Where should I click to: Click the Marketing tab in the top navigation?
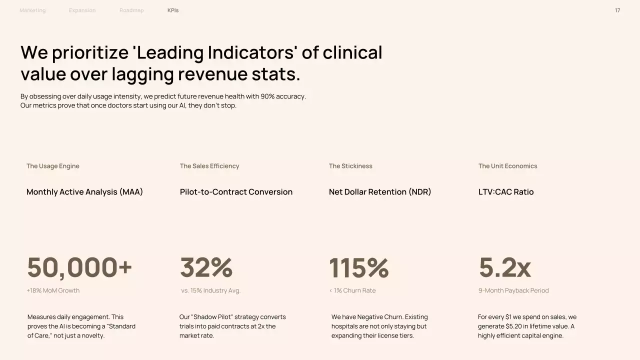click(x=32, y=10)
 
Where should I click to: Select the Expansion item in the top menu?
click(x=82, y=10)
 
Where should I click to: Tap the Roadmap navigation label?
click(x=131, y=10)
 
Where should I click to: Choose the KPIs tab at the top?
click(x=173, y=10)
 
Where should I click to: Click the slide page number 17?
click(x=617, y=10)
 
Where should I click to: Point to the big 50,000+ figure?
click(x=79, y=267)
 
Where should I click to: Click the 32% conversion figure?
click(x=206, y=267)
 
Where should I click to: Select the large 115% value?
click(x=358, y=267)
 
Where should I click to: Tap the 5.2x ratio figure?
click(x=504, y=267)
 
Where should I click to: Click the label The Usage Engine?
click(x=53, y=166)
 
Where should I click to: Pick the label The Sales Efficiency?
click(x=209, y=166)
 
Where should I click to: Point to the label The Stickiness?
click(x=350, y=166)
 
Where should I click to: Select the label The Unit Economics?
click(x=507, y=166)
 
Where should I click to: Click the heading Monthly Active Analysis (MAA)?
click(x=84, y=192)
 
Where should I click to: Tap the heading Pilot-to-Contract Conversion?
click(x=236, y=192)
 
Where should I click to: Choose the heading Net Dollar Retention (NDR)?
click(x=380, y=192)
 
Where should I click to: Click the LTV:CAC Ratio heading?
click(x=506, y=192)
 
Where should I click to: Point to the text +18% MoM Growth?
click(x=53, y=290)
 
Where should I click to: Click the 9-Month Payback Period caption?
click(x=513, y=290)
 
